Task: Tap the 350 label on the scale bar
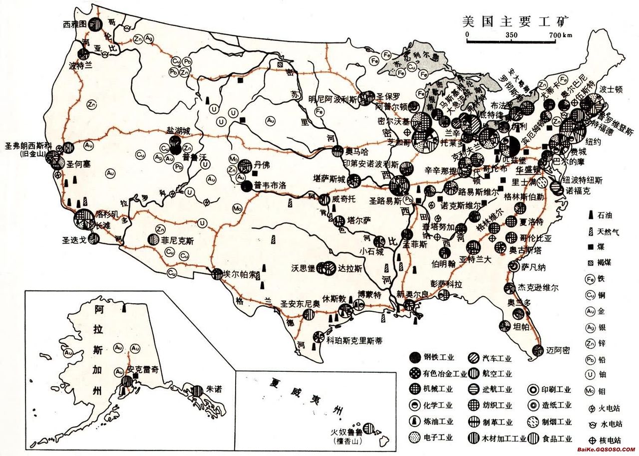[x=511, y=35]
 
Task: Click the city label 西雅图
[x=75, y=23]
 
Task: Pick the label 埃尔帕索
[x=241, y=275]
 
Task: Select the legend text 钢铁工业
[x=438, y=357]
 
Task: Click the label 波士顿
[x=611, y=90]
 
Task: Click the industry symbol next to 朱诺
[x=199, y=390]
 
